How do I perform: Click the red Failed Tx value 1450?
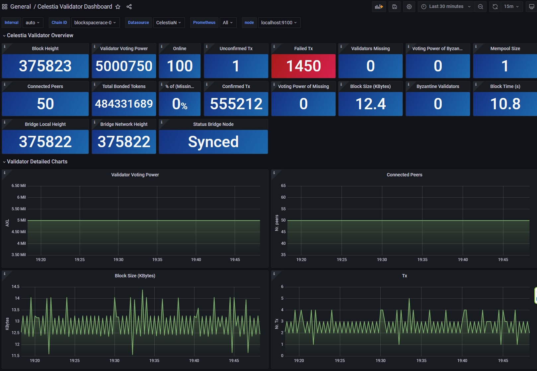click(303, 66)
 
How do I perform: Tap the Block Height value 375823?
click(45, 66)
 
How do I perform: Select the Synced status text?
click(213, 142)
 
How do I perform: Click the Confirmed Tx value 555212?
click(236, 104)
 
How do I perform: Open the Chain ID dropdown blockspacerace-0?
click(95, 23)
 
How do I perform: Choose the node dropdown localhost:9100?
click(279, 23)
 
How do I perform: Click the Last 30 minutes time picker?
click(446, 7)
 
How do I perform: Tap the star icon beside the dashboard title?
click(118, 7)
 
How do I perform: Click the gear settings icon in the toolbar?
click(409, 7)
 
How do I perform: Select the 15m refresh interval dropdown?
click(511, 7)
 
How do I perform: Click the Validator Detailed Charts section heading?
click(37, 162)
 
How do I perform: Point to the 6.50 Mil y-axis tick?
click(19, 186)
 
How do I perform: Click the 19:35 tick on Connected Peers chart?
click(422, 260)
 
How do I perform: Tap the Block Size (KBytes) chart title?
click(135, 276)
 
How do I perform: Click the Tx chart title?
click(404, 276)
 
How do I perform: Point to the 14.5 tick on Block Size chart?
click(15, 287)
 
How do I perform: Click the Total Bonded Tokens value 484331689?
click(124, 104)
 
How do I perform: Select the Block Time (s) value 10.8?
click(505, 104)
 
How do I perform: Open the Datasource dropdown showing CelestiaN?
click(169, 23)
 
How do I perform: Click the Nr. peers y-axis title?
click(277, 223)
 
